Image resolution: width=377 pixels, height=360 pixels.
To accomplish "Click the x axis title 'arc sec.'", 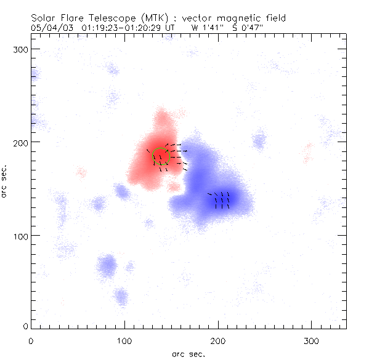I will coord(188,354).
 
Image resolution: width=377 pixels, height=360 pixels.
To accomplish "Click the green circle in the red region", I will coord(161,156).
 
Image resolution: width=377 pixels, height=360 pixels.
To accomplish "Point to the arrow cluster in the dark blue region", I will coord(221,200).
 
